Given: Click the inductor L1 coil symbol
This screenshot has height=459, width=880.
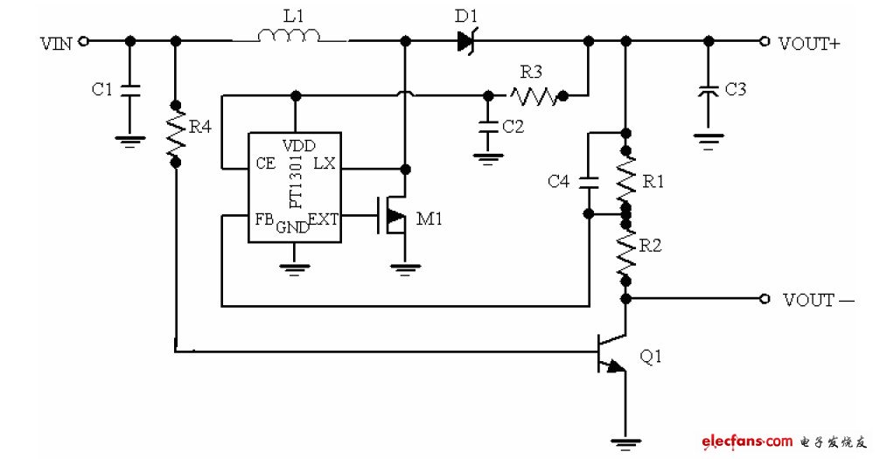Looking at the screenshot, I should [x=289, y=36].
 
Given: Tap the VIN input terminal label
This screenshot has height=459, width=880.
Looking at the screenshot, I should [x=56, y=41].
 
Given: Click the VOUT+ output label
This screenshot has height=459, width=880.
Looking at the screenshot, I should [x=809, y=42].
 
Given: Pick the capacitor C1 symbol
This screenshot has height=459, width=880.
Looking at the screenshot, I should [x=130, y=89].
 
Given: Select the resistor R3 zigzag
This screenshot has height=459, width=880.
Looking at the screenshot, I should [x=534, y=95].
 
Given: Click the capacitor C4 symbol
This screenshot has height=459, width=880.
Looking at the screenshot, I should [x=589, y=182].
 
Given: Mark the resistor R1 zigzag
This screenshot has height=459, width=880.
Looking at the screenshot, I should [x=625, y=177].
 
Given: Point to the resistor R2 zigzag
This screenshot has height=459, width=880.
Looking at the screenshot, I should [x=625, y=248].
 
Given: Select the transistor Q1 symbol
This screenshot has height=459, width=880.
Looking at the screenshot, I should [x=612, y=353].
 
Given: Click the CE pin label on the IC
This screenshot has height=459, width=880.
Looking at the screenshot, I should [x=265, y=163].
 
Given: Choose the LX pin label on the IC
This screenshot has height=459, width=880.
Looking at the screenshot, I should [x=323, y=163].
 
